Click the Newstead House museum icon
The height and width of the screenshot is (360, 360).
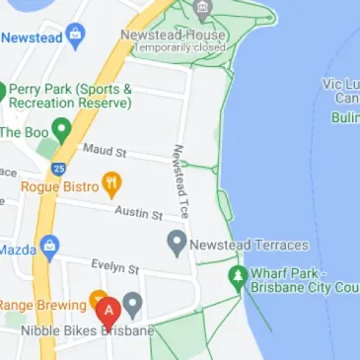[x=202, y=12]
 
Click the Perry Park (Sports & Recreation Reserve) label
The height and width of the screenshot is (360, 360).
[x=70, y=96]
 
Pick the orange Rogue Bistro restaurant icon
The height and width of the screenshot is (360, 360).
[x=112, y=182]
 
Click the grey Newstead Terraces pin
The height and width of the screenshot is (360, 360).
[x=177, y=243]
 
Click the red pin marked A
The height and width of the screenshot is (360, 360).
[x=108, y=311]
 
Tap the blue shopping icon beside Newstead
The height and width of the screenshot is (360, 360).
[x=75, y=37]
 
